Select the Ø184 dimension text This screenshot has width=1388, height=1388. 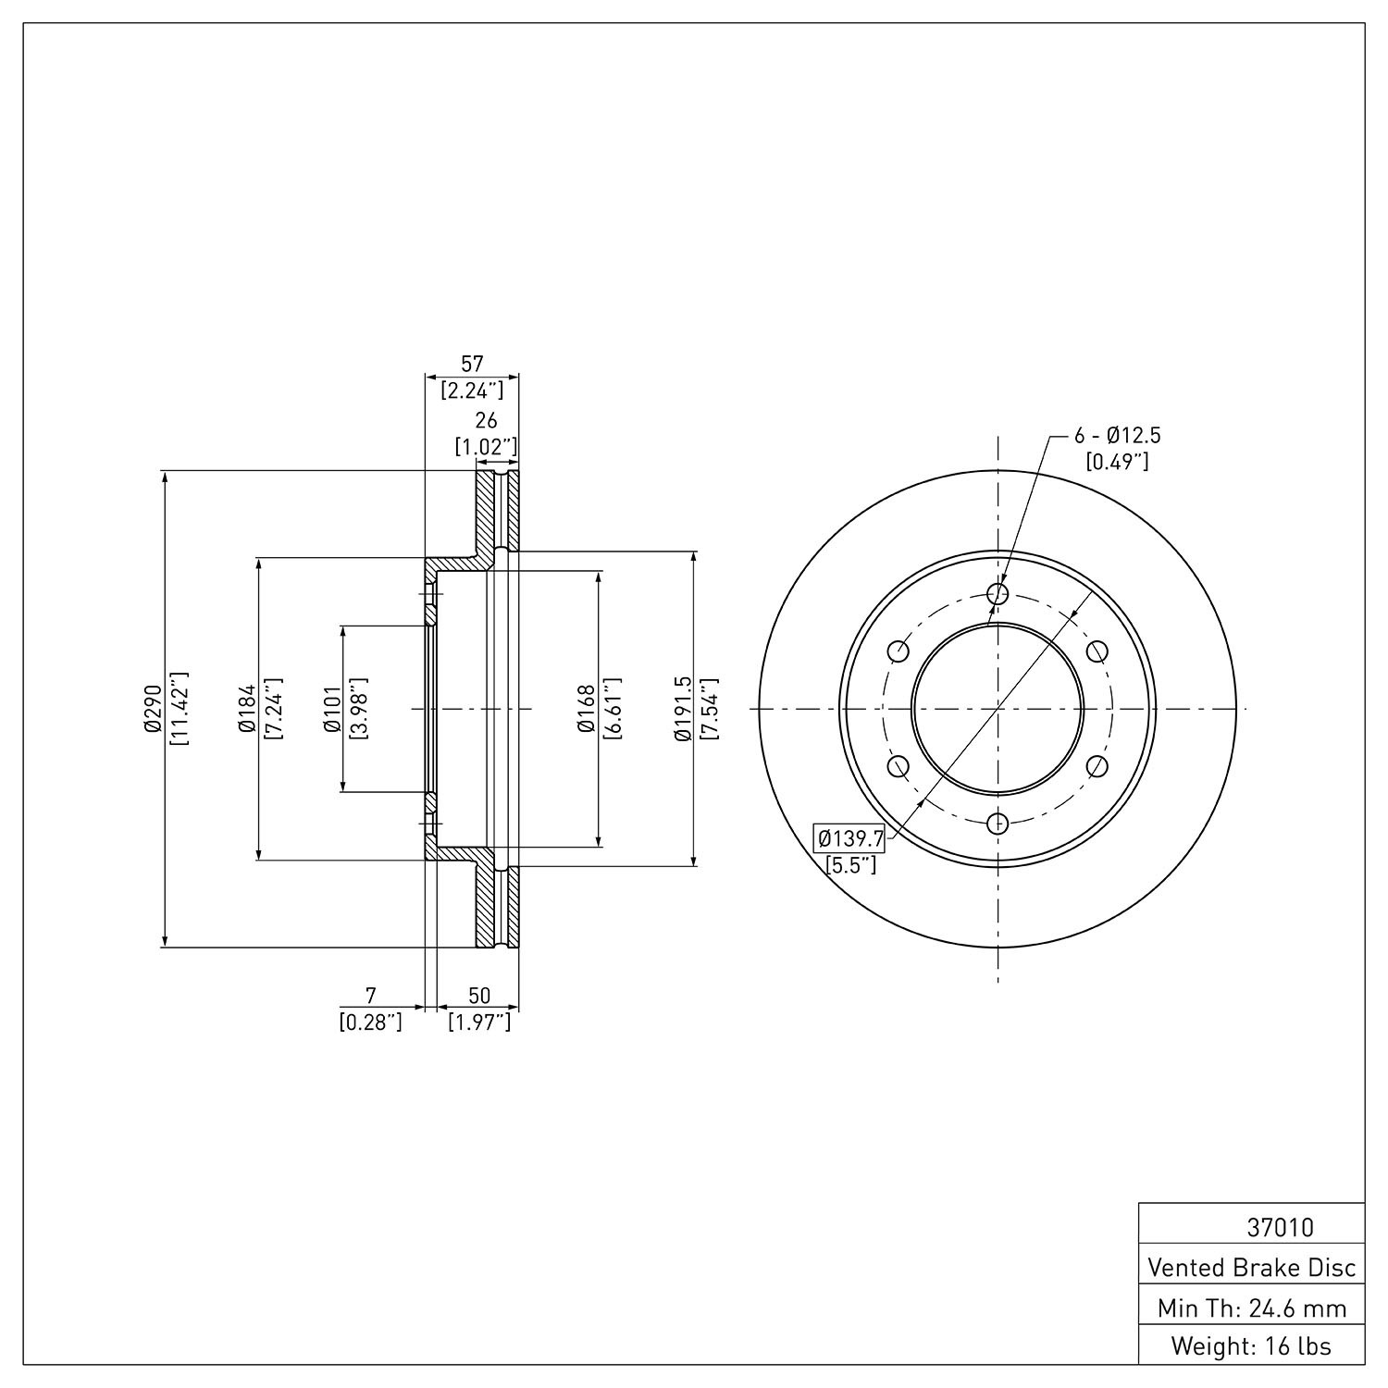tap(245, 710)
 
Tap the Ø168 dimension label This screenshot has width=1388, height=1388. tap(586, 710)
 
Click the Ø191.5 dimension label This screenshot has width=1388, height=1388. tap(683, 710)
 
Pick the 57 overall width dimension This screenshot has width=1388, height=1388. tap(473, 364)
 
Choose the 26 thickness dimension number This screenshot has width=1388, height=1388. tap(486, 422)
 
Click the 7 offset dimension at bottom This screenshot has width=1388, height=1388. tap(371, 996)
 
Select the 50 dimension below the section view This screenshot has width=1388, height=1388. tap(479, 996)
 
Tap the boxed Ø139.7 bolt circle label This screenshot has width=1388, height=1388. tap(849, 838)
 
